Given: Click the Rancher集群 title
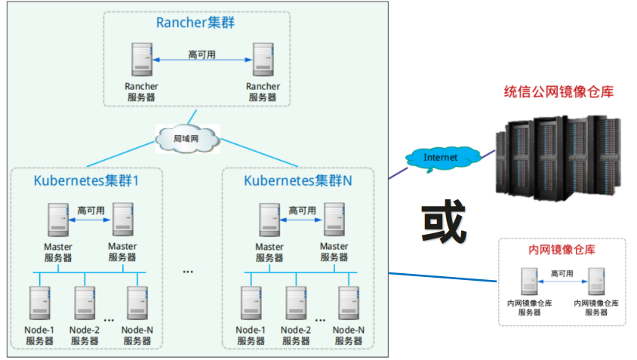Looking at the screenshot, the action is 195,23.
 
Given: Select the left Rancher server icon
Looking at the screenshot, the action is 142,60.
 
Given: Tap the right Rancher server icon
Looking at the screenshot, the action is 263,60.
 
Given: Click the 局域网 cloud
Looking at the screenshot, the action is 188,139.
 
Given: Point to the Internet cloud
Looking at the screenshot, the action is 442,158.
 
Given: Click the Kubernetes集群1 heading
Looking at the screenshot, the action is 86,181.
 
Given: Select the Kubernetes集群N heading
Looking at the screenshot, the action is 298,181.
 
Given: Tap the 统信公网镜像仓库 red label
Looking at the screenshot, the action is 559,92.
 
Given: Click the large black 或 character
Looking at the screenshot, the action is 444,221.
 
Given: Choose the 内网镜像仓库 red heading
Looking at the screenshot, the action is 562,250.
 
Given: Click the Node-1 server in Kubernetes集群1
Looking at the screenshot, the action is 40,303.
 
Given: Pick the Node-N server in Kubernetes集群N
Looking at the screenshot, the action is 349,303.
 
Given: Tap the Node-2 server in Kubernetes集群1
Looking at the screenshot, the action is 85,303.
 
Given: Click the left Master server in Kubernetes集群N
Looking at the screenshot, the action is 269,220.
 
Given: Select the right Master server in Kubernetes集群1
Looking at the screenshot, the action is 123,220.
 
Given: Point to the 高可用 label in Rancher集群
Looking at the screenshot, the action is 202,54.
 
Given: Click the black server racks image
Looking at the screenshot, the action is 559,158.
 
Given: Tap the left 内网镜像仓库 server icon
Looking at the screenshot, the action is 529,282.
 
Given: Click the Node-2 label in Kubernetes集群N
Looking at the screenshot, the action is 296,330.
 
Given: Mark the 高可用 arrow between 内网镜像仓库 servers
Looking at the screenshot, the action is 562,282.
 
